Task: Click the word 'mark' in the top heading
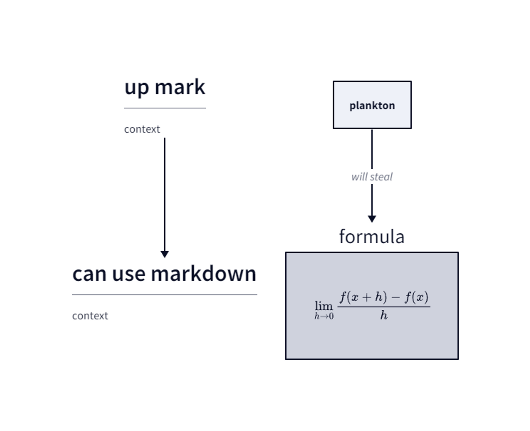180,87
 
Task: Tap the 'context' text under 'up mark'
142,129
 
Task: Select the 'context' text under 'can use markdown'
90,316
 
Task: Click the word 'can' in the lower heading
89,274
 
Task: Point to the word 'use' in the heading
129,274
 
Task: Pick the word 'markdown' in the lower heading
204,274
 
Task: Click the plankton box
372,105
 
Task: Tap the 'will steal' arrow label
372,177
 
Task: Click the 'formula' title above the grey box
372,236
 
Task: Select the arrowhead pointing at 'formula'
372,219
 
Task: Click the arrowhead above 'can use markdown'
165,254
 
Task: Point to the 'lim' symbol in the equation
324,306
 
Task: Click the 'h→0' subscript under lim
324,316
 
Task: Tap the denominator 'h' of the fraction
384,315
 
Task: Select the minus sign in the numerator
395,297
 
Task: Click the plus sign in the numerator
366,297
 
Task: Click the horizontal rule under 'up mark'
165,108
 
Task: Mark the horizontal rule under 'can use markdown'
165,294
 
